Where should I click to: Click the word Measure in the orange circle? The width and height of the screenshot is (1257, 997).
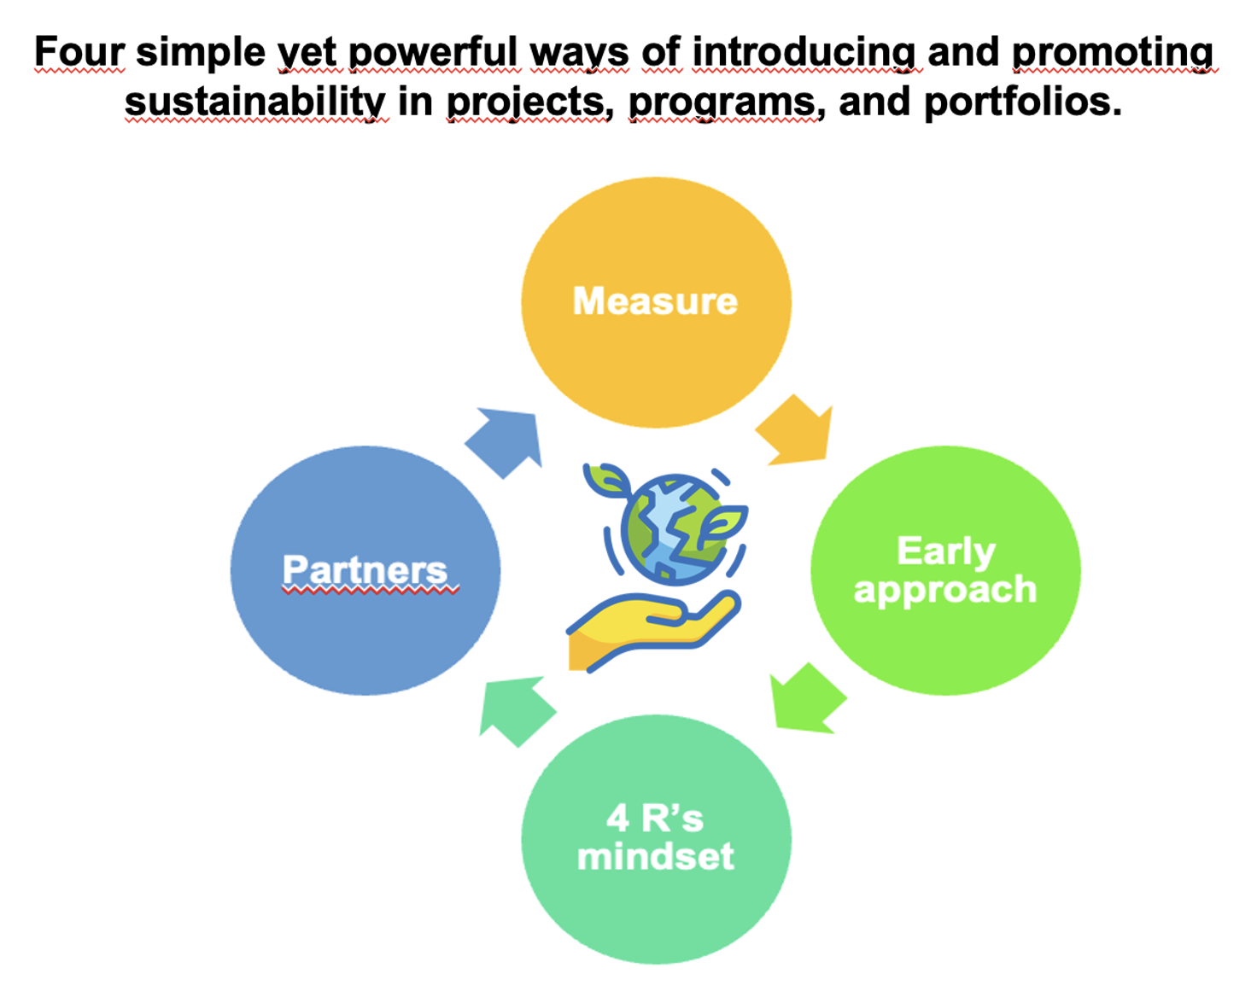click(655, 301)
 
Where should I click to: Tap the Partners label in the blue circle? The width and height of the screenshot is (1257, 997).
click(365, 569)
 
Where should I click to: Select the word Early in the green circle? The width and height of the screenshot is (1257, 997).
click(945, 552)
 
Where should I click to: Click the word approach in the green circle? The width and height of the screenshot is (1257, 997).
click(945, 591)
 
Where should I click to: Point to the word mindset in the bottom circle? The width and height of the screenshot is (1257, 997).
click(655, 857)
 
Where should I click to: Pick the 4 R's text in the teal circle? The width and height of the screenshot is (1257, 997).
click(655, 818)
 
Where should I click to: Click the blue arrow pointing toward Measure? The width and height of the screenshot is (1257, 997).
click(504, 443)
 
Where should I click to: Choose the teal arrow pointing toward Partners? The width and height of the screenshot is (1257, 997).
click(517, 711)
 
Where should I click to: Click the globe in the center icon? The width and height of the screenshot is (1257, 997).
click(675, 530)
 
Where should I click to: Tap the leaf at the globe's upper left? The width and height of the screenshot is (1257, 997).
click(607, 480)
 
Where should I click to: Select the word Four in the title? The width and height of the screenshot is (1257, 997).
click(79, 52)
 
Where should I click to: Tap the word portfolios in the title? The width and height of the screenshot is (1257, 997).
click(1023, 102)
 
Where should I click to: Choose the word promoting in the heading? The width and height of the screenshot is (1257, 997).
click(1113, 53)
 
